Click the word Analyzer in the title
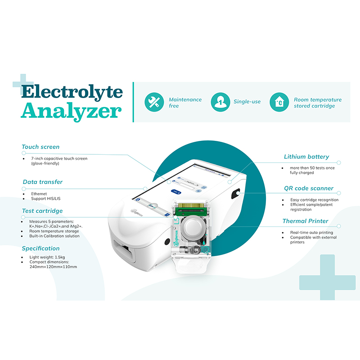[71, 111]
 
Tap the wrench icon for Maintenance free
[154, 102]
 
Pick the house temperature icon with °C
[279, 102]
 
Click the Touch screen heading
[40, 147]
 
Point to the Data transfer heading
[43, 182]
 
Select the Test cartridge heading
[42, 211]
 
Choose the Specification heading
[40, 248]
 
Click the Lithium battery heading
[306, 157]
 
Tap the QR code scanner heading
[309, 188]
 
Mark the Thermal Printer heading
[305, 221]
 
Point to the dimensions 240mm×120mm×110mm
[53, 267]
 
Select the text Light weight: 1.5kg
[47, 257]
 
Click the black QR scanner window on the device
[235, 195]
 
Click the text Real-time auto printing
[306, 232]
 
